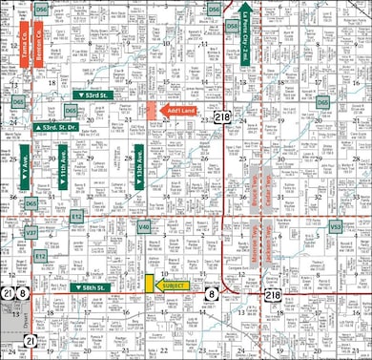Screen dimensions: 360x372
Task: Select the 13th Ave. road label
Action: (139, 165)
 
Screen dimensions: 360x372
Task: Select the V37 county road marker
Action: (31, 232)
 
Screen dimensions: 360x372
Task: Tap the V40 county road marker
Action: (143, 226)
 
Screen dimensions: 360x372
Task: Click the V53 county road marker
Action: (336, 227)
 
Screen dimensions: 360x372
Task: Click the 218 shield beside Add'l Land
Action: (222, 116)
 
